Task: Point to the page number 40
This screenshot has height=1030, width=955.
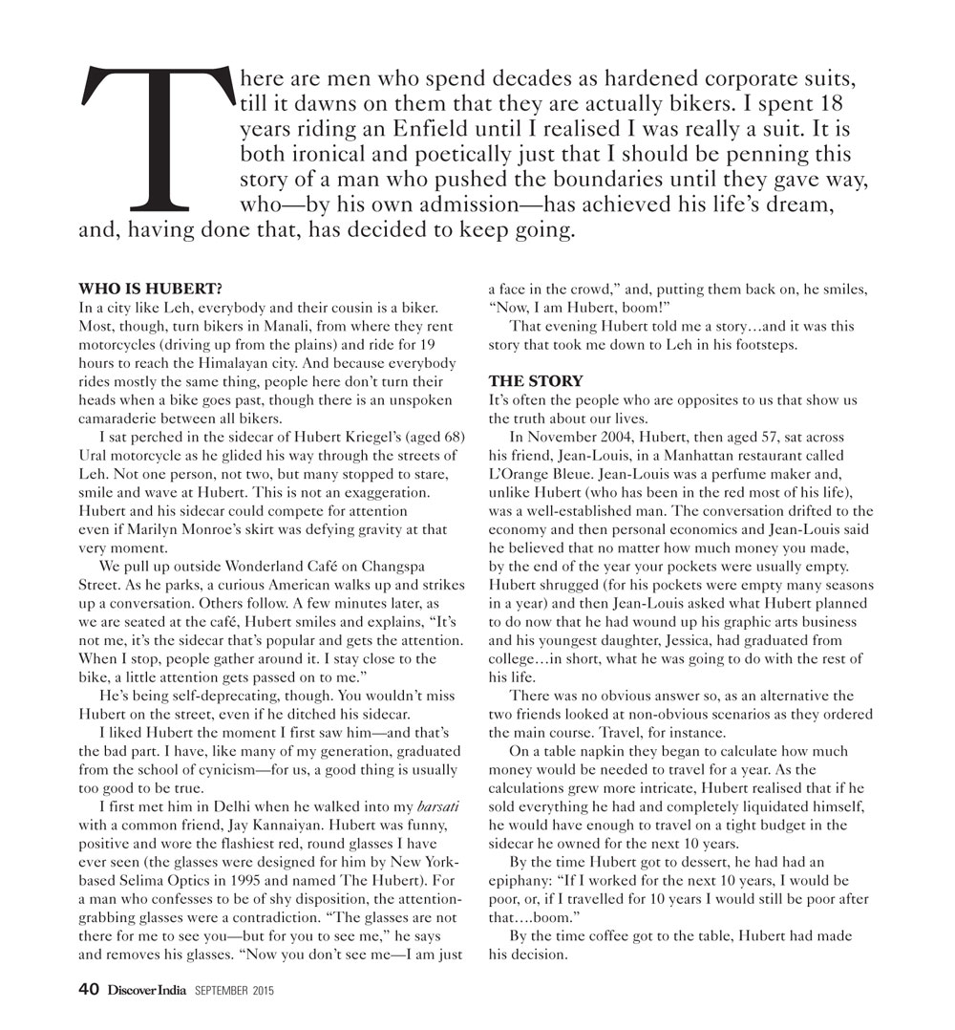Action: (x=88, y=991)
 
